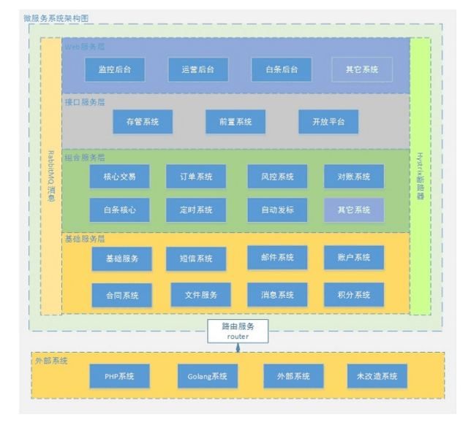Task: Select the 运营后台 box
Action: click(197, 69)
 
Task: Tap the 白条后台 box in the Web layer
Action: click(281, 69)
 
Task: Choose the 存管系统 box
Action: click(143, 122)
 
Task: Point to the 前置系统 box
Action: click(235, 122)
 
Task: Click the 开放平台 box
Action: click(328, 122)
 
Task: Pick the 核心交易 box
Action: click(119, 177)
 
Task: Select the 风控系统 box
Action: click(276, 177)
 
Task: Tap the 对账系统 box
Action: click(354, 177)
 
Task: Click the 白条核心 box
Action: click(119, 210)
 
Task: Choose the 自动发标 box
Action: click(276, 210)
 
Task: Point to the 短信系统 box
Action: click(195, 258)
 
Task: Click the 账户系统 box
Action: click(354, 257)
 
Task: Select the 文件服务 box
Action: click(200, 294)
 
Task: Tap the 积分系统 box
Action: click(354, 294)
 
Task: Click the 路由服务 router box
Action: click(238, 331)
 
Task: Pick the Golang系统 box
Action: click(208, 376)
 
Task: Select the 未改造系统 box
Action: click(376, 376)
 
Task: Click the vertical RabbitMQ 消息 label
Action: click(50, 175)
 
